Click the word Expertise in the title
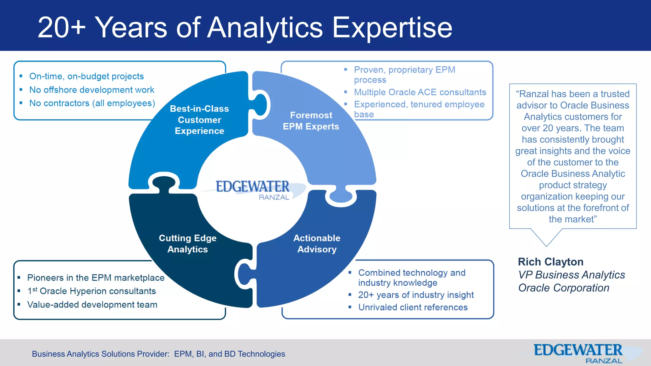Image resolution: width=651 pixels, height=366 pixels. point(392,28)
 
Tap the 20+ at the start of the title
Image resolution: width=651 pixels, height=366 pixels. point(61,28)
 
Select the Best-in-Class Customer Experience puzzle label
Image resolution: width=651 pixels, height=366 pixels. point(199,120)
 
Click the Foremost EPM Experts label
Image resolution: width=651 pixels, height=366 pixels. point(311,121)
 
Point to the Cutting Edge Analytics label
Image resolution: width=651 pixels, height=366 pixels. point(188,244)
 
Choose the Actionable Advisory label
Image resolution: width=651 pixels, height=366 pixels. point(317,244)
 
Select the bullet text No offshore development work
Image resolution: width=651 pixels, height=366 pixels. point(92,90)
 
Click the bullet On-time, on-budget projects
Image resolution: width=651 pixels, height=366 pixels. point(86,76)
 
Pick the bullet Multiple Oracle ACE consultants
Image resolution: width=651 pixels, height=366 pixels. point(420,92)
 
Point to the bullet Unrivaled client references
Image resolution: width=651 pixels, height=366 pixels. point(413,307)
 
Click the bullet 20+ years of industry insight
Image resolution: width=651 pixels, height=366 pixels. point(416,295)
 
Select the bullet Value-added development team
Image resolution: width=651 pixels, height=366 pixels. point(92,305)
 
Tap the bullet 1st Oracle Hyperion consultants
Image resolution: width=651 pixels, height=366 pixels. point(92,291)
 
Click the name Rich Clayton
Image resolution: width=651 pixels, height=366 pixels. point(551,262)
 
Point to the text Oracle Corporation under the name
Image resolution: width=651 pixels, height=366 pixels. point(564,288)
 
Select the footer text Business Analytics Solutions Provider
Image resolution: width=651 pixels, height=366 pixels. point(100,354)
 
